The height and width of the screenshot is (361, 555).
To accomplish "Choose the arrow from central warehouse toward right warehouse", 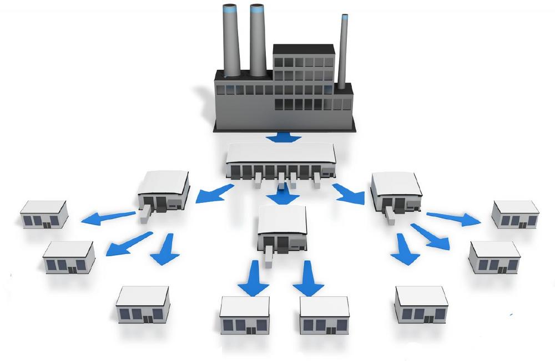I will click(x=349, y=192).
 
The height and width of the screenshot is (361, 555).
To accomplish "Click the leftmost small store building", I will click(x=44, y=214).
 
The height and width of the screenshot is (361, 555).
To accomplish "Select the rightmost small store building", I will click(x=515, y=215).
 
